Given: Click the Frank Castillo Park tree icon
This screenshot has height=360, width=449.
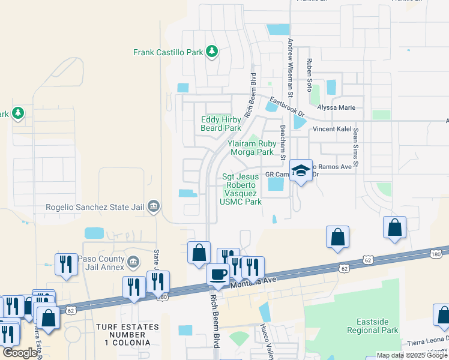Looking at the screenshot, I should (x=211, y=52).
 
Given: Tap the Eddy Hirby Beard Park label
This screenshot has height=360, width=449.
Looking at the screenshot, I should (x=221, y=124).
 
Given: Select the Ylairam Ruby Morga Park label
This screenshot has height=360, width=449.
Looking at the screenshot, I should (x=250, y=148).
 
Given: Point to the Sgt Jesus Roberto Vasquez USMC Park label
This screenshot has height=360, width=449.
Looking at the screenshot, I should (x=241, y=189).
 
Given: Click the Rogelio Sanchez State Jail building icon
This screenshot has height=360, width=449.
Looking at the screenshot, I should (x=153, y=207).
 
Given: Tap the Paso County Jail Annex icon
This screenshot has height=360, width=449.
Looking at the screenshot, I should (x=133, y=262).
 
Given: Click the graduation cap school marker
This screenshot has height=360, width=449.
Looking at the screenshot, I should (x=301, y=170).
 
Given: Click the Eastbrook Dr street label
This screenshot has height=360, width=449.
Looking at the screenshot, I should (x=288, y=106).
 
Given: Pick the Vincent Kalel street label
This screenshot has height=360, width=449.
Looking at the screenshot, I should (x=331, y=130).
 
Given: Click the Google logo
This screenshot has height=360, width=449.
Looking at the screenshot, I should (x=20, y=353).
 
